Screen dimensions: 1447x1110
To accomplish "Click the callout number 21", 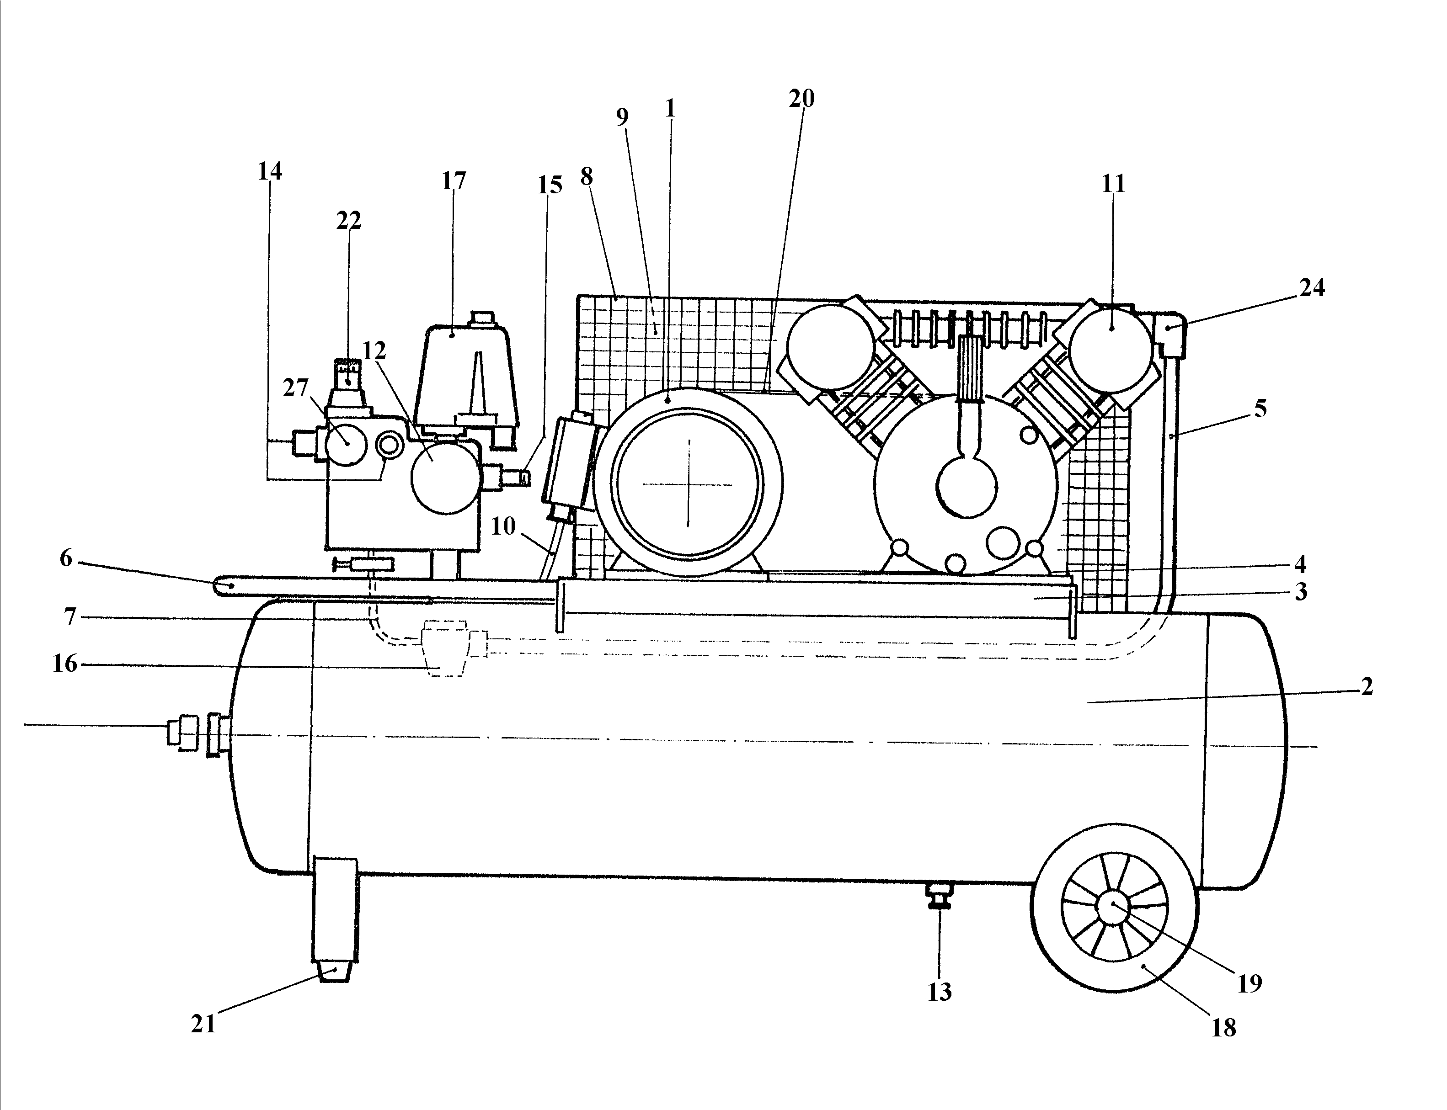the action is point(203,1024).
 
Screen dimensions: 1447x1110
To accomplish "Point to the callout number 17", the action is point(454,181).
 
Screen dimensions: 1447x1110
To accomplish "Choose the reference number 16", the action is point(65,664).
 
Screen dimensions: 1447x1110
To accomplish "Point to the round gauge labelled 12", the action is point(446,478).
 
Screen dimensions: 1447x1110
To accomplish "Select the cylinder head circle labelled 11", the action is point(1111,347).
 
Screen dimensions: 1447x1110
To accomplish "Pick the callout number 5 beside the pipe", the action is point(1260,409).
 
